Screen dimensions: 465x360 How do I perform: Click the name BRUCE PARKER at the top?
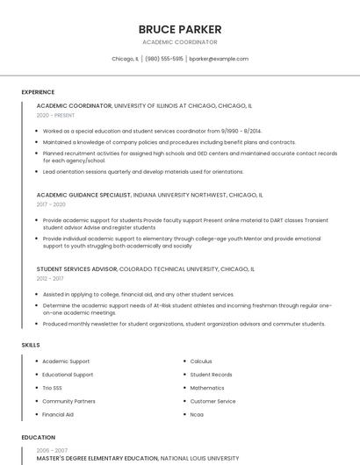click(180, 29)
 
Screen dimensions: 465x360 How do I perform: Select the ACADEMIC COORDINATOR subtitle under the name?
click(180, 42)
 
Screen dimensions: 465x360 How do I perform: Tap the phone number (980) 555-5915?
click(164, 59)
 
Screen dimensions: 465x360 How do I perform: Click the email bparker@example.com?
click(219, 59)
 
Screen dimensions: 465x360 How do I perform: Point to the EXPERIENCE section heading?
click(38, 92)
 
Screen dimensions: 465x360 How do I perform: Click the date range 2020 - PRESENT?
click(55, 116)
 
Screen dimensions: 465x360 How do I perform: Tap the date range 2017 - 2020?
click(51, 204)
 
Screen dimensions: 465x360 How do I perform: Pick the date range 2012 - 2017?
click(51, 278)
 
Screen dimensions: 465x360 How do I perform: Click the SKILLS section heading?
click(31, 345)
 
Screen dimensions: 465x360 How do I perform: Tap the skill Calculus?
click(201, 361)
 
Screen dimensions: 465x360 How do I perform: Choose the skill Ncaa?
click(197, 414)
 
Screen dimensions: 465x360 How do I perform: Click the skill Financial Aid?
click(58, 414)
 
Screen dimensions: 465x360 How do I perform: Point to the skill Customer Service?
click(212, 401)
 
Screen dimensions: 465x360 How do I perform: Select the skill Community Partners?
click(68, 401)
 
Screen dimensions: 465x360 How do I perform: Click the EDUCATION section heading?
click(38, 437)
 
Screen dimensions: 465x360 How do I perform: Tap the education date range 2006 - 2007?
click(52, 450)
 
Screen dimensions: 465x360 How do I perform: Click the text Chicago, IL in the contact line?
click(125, 59)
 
